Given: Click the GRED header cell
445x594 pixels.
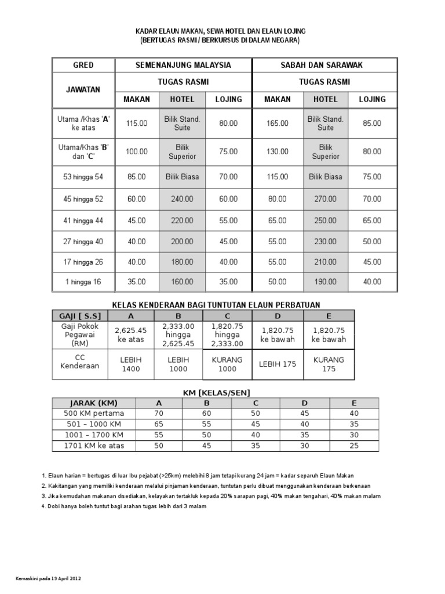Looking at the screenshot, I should (x=83, y=65).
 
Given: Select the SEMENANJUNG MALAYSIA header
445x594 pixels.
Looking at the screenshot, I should (x=183, y=65).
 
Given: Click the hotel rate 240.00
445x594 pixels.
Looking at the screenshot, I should (x=183, y=199).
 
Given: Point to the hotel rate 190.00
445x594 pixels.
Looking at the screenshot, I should (x=325, y=282).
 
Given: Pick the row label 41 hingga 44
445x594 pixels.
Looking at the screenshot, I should (x=83, y=220).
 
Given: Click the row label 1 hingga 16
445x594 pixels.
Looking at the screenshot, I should (x=83, y=282).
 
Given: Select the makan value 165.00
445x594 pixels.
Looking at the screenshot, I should (x=278, y=123).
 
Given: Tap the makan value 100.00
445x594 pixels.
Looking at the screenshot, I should (x=137, y=151).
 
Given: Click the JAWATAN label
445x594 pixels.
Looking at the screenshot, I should (x=83, y=89).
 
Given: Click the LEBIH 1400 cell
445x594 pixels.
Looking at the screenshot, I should (x=130, y=364).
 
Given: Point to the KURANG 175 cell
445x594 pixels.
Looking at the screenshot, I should (x=329, y=364).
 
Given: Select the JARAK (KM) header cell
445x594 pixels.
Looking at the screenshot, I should (x=93, y=403).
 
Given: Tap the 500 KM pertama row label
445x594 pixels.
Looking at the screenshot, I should (x=93, y=414).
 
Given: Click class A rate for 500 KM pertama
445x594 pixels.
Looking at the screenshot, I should (x=159, y=414).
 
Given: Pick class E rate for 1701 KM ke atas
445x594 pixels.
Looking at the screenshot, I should (x=355, y=446).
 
